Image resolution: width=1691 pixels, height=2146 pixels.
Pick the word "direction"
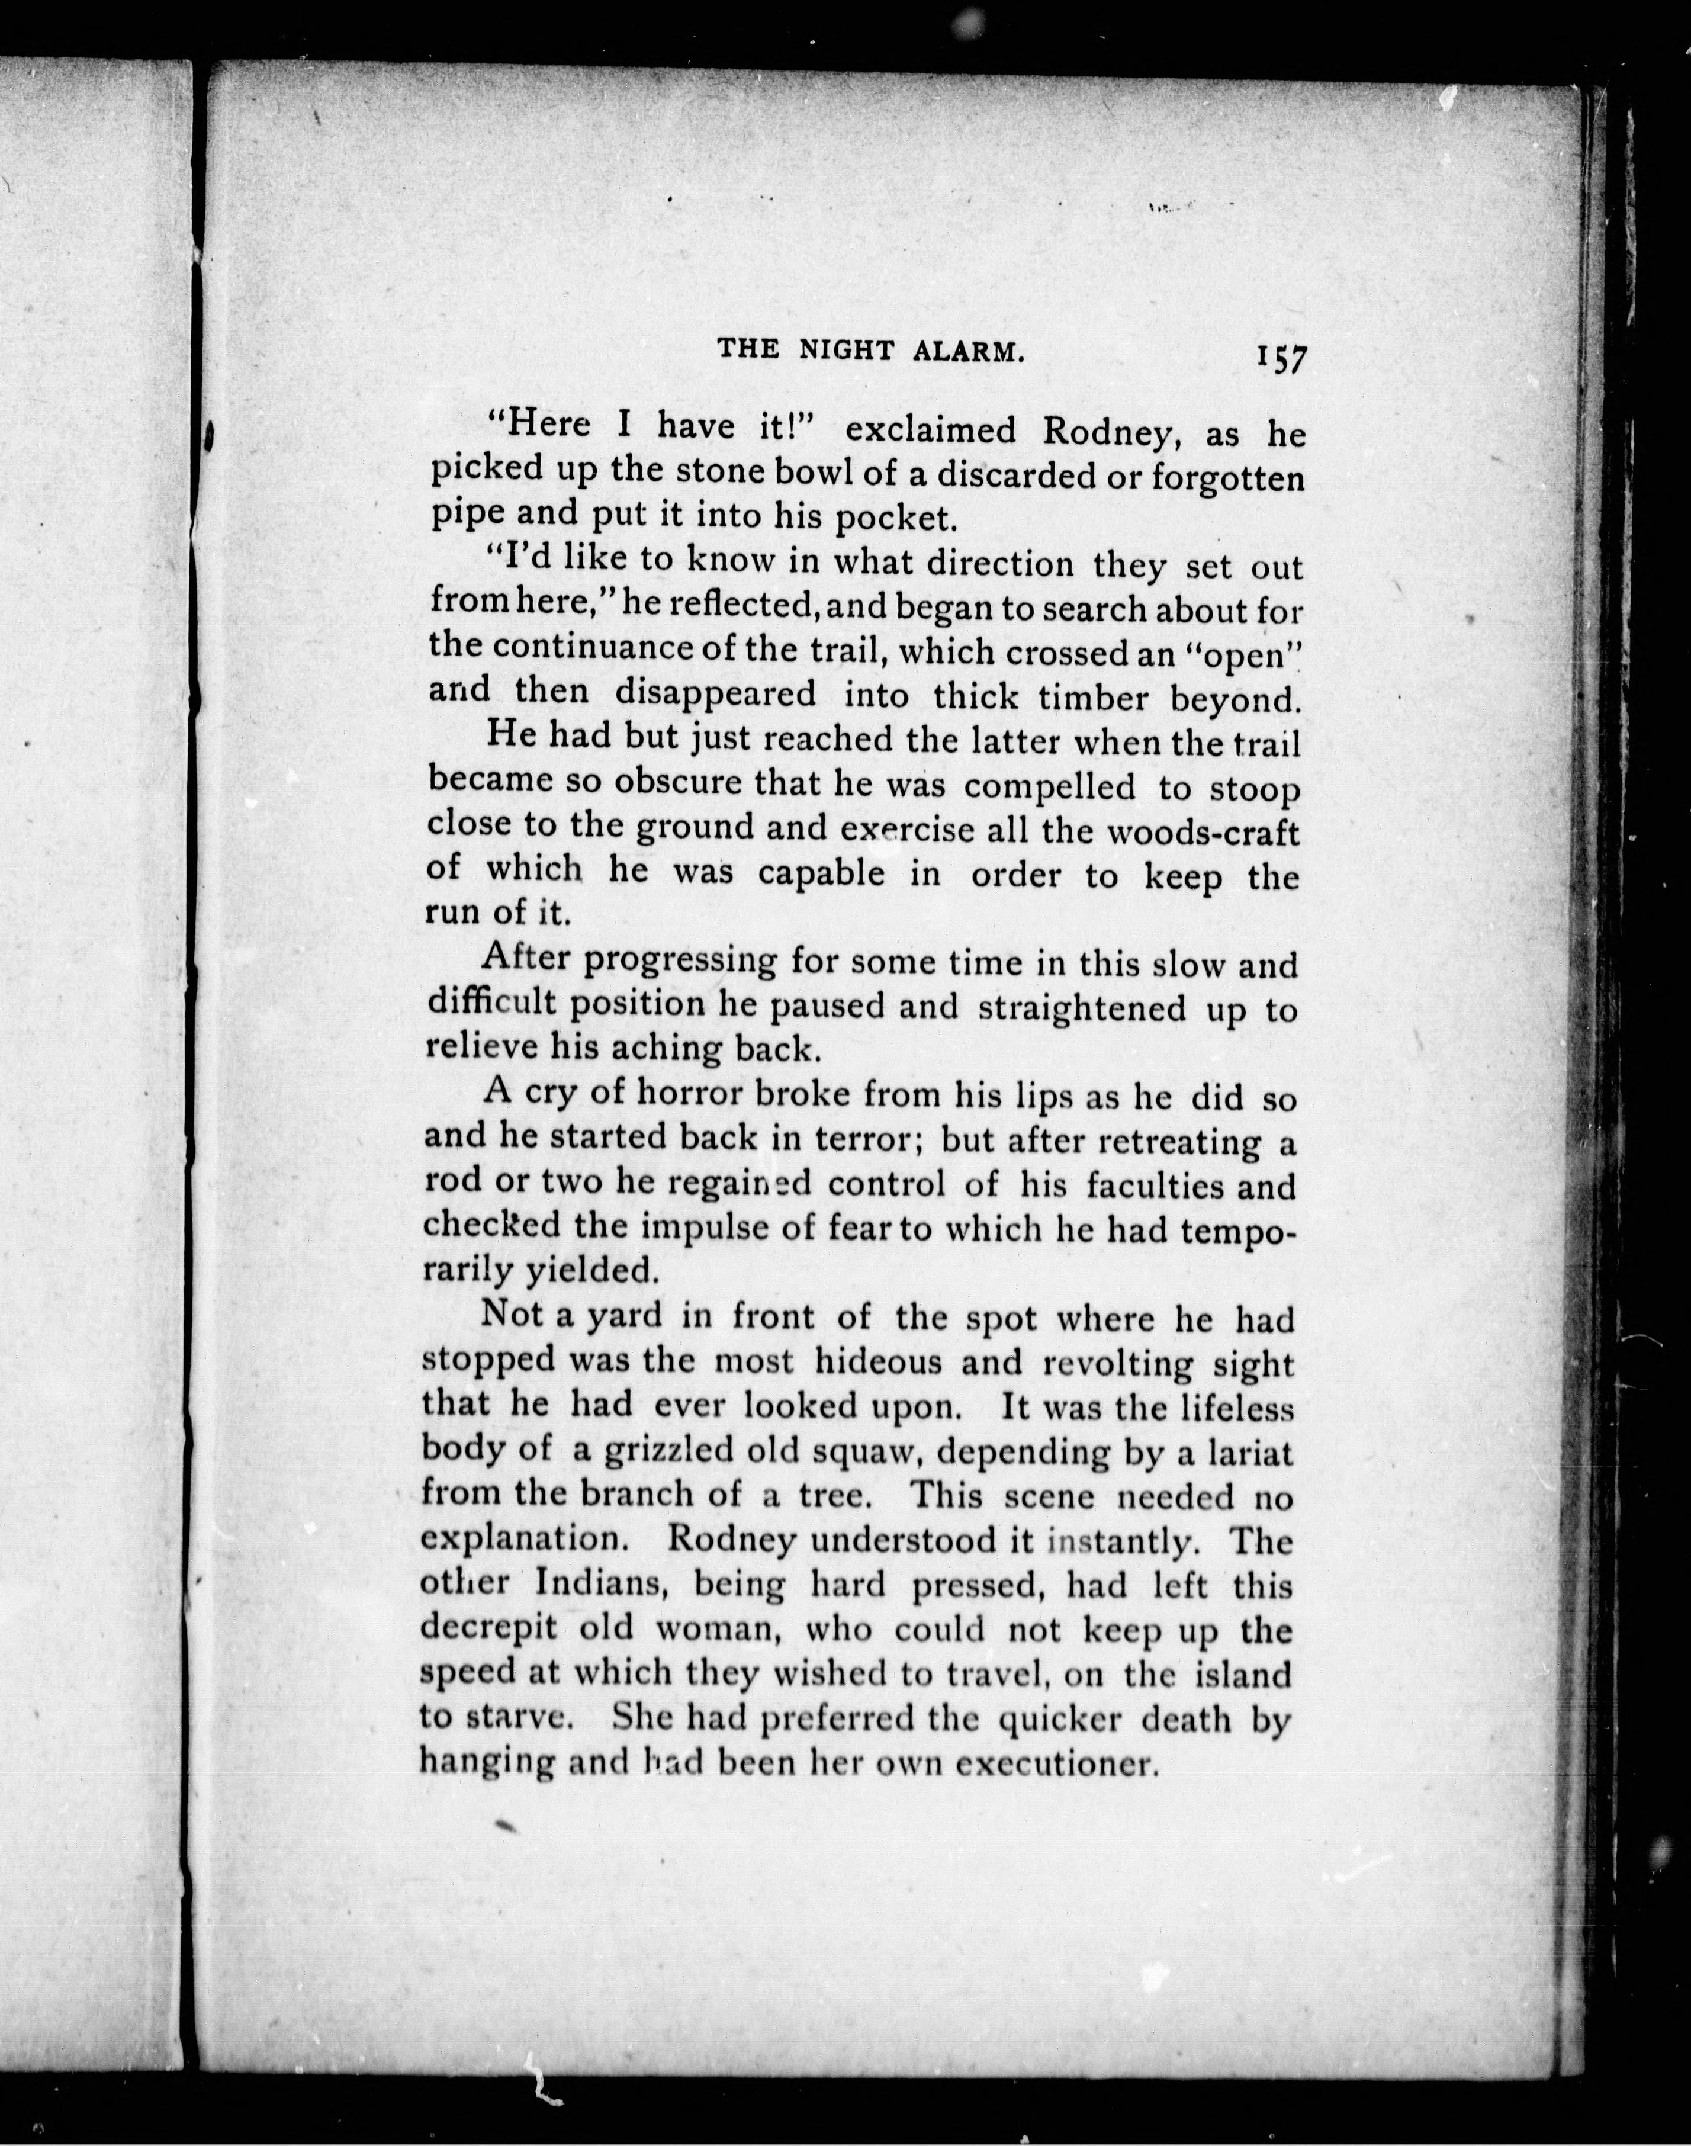pos(1000,564)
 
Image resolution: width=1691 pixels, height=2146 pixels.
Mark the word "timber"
pos(1094,698)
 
